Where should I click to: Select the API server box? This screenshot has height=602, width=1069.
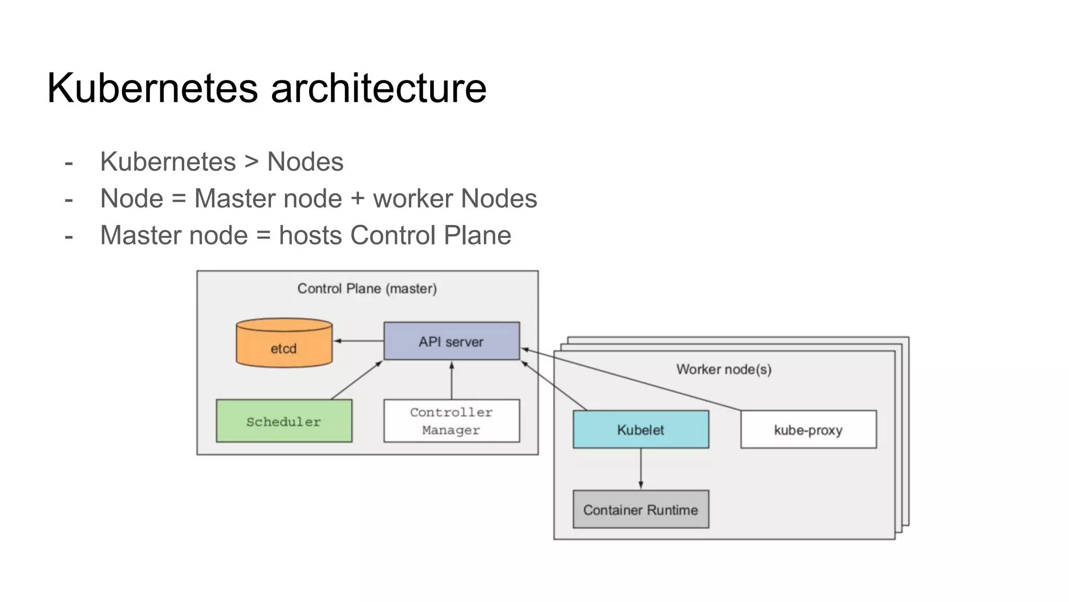click(452, 341)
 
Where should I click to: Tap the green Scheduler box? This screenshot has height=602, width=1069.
click(284, 421)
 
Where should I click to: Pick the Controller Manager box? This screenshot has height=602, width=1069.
click(452, 421)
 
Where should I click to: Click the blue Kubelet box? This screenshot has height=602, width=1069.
click(640, 430)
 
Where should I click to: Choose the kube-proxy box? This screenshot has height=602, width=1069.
click(808, 430)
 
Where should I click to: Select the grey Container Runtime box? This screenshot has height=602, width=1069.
click(640, 510)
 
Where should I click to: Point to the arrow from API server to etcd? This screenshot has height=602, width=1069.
click(359, 341)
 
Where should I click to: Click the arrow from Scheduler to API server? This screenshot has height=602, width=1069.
click(357, 380)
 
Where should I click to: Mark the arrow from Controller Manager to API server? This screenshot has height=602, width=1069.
click(452, 380)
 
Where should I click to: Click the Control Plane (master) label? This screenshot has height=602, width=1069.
click(367, 288)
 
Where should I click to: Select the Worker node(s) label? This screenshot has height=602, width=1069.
click(723, 369)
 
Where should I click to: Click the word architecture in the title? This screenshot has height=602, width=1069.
click(378, 88)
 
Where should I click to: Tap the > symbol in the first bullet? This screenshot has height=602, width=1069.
click(252, 161)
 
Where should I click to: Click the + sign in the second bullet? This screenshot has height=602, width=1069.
click(358, 199)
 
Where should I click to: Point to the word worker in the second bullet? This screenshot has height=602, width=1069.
click(413, 199)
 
